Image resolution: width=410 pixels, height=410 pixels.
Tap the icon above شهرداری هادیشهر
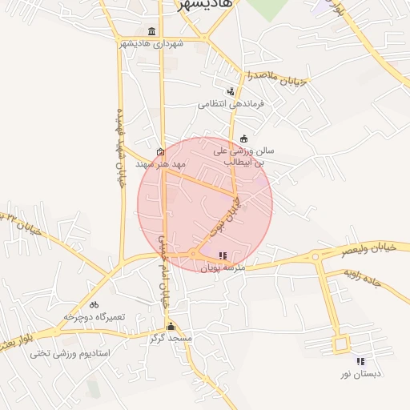click(x=151, y=31)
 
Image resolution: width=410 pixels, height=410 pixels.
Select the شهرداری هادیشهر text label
click(x=151, y=43)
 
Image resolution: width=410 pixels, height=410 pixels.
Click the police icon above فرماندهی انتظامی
click(x=231, y=91)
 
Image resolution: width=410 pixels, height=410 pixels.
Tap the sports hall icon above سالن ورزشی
click(x=243, y=138)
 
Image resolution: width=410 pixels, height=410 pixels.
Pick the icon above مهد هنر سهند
click(x=161, y=151)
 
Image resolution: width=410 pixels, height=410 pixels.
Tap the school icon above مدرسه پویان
click(x=222, y=255)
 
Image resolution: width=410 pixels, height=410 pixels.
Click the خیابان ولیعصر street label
click(x=368, y=249)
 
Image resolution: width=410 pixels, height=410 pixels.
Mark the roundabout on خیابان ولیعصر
click(x=316, y=257)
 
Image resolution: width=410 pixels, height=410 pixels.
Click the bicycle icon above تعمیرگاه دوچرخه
click(x=94, y=304)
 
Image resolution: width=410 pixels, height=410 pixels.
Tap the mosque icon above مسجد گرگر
click(x=170, y=327)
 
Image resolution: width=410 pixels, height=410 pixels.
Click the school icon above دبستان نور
click(x=360, y=361)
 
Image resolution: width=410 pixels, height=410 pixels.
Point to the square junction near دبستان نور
click(x=342, y=345)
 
